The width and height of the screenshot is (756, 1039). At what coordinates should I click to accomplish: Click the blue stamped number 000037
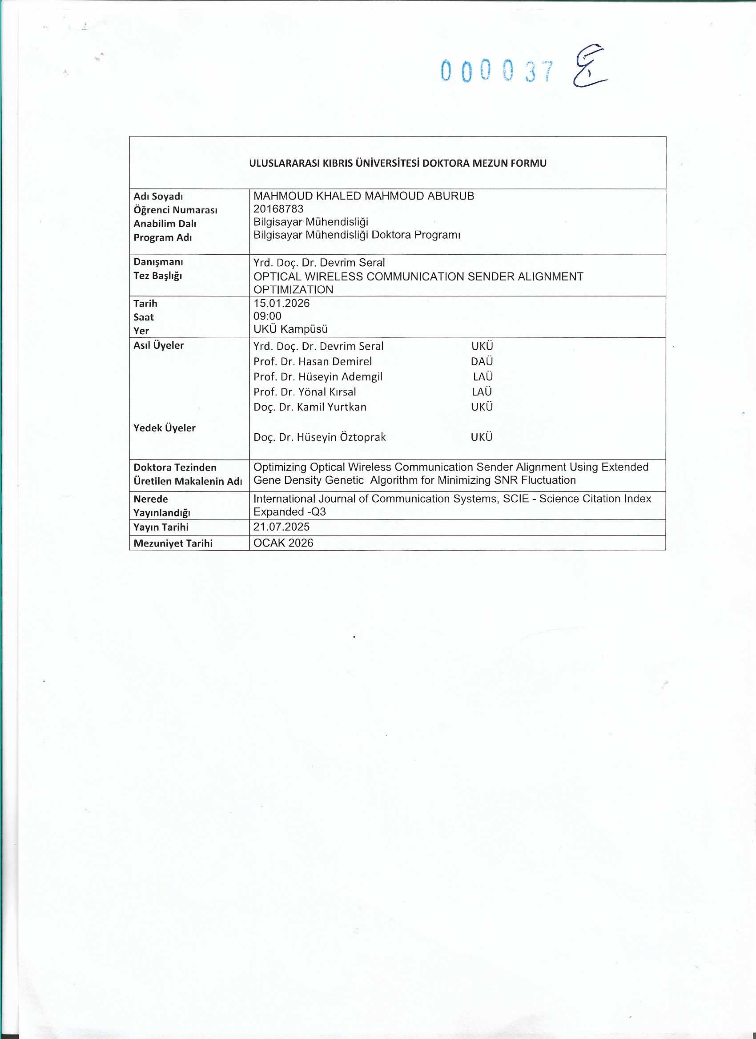(x=497, y=72)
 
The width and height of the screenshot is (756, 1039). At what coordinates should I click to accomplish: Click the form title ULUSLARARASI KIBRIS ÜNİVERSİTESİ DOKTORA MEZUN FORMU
(x=398, y=163)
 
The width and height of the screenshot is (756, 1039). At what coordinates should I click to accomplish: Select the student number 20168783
(x=278, y=209)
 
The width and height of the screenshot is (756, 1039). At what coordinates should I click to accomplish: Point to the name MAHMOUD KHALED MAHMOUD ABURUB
(x=364, y=196)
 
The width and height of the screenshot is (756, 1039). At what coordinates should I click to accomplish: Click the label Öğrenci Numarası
(x=175, y=210)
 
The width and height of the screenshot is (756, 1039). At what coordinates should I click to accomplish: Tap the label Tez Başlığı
(x=158, y=276)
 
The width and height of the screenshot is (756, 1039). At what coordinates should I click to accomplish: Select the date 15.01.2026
(x=281, y=303)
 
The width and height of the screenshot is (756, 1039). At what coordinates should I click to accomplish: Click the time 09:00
(x=267, y=316)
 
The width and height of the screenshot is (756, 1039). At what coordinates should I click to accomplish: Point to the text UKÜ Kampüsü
(x=290, y=329)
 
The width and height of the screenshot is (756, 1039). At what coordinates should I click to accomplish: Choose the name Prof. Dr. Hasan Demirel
(x=313, y=361)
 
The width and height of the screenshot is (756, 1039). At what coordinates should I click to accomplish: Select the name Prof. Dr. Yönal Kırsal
(x=305, y=392)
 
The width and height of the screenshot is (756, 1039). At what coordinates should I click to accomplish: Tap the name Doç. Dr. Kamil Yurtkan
(x=310, y=407)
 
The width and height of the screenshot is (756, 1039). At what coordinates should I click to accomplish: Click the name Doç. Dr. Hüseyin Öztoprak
(x=320, y=437)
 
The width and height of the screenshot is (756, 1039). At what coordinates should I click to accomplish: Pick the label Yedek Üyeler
(x=164, y=428)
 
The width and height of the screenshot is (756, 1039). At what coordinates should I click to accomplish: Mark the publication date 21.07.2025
(x=281, y=527)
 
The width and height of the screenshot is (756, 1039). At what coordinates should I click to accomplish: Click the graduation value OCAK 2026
(x=283, y=543)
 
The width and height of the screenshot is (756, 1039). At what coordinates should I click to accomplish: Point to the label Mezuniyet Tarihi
(x=173, y=543)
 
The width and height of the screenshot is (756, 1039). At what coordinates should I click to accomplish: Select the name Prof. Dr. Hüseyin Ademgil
(x=318, y=376)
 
